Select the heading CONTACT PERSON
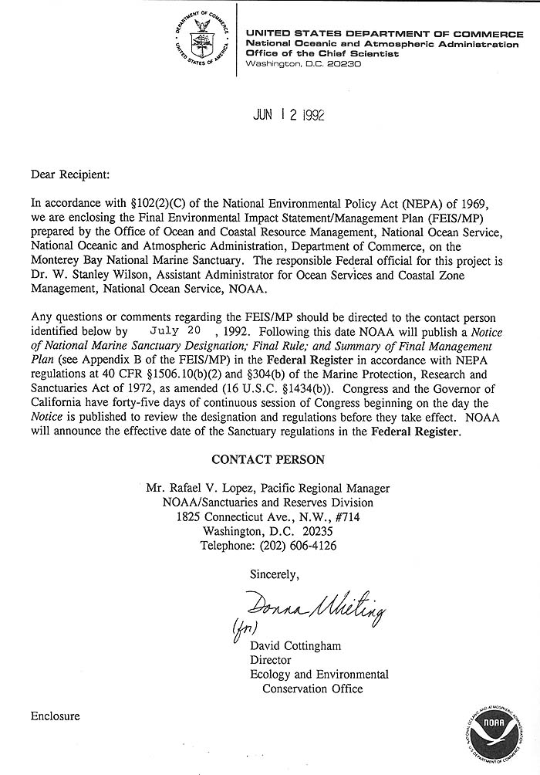[x=268, y=459]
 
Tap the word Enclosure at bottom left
[x=56, y=716]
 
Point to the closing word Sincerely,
[x=274, y=574]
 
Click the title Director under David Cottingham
[x=270, y=660]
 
